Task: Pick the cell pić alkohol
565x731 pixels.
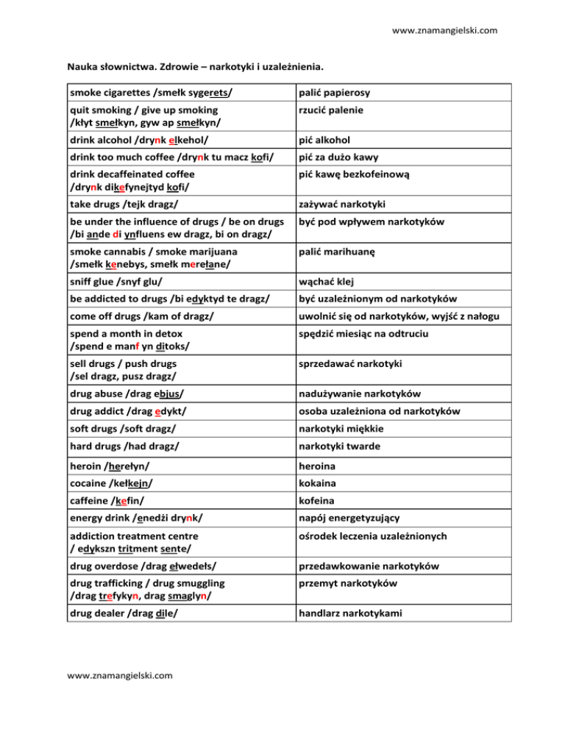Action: tap(329, 140)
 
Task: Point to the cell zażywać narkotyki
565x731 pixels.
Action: tap(343, 204)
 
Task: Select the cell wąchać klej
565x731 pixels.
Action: tap(328, 282)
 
